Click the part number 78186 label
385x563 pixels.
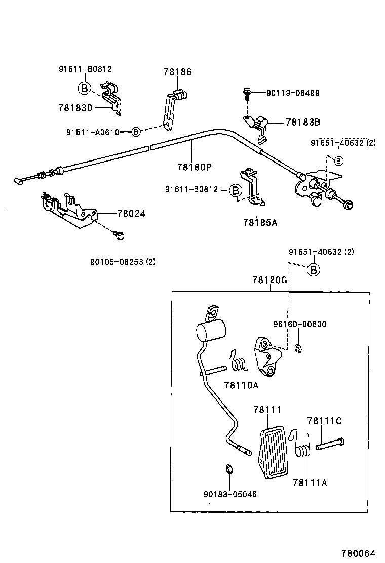[x=177, y=72]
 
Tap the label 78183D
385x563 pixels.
[x=75, y=108]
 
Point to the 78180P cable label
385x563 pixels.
[x=194, y=166]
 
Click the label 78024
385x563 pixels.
[x=131, y=214]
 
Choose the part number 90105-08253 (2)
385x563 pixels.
[x=123, y=262]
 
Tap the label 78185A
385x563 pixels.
[x=260, y=222]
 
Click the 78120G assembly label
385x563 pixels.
[x=270, y=280]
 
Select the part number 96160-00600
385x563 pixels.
[x=300, y=325]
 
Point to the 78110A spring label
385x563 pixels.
[x=241, y=385]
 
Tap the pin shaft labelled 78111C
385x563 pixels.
[x=330, y=444]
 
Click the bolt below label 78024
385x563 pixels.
[x=119, y=235]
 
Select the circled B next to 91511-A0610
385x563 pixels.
[x=136, y=132]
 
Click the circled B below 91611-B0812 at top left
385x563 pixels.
[x=84, y=88]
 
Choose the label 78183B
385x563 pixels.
[x=302, y=122]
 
